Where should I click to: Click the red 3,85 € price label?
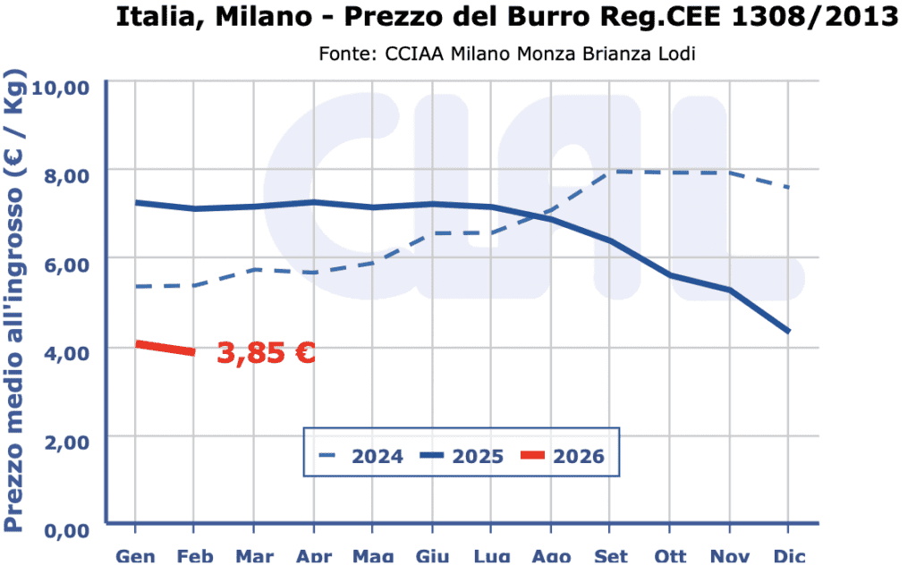click(x=266, y=353)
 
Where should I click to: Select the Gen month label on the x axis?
click(x=135, y=557)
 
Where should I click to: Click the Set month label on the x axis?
click(x=610, y=557)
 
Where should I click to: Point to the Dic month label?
click(x=787, y=557)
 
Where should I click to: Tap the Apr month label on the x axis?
click(x=313, y=557)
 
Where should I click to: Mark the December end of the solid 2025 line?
click(x=787, y=332)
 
